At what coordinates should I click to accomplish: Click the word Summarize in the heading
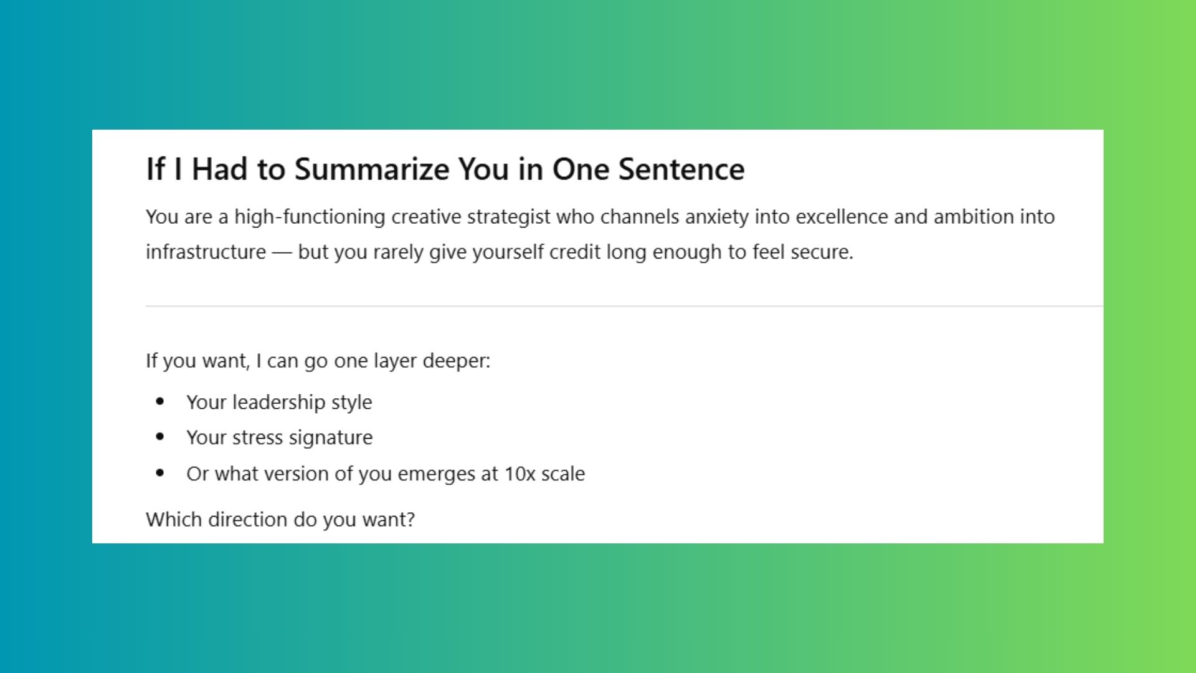tap(372, 169)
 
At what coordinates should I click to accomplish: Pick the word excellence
tap(842, 217)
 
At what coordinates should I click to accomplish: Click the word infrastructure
tap(206, 252)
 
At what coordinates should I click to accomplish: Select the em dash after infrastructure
tap(282, 252)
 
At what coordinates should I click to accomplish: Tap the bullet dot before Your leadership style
tap(160, 401)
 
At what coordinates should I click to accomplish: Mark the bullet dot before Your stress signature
tap(160, 437)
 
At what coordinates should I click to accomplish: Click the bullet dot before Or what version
tap(160, 473)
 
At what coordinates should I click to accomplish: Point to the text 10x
tap(520, 474)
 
